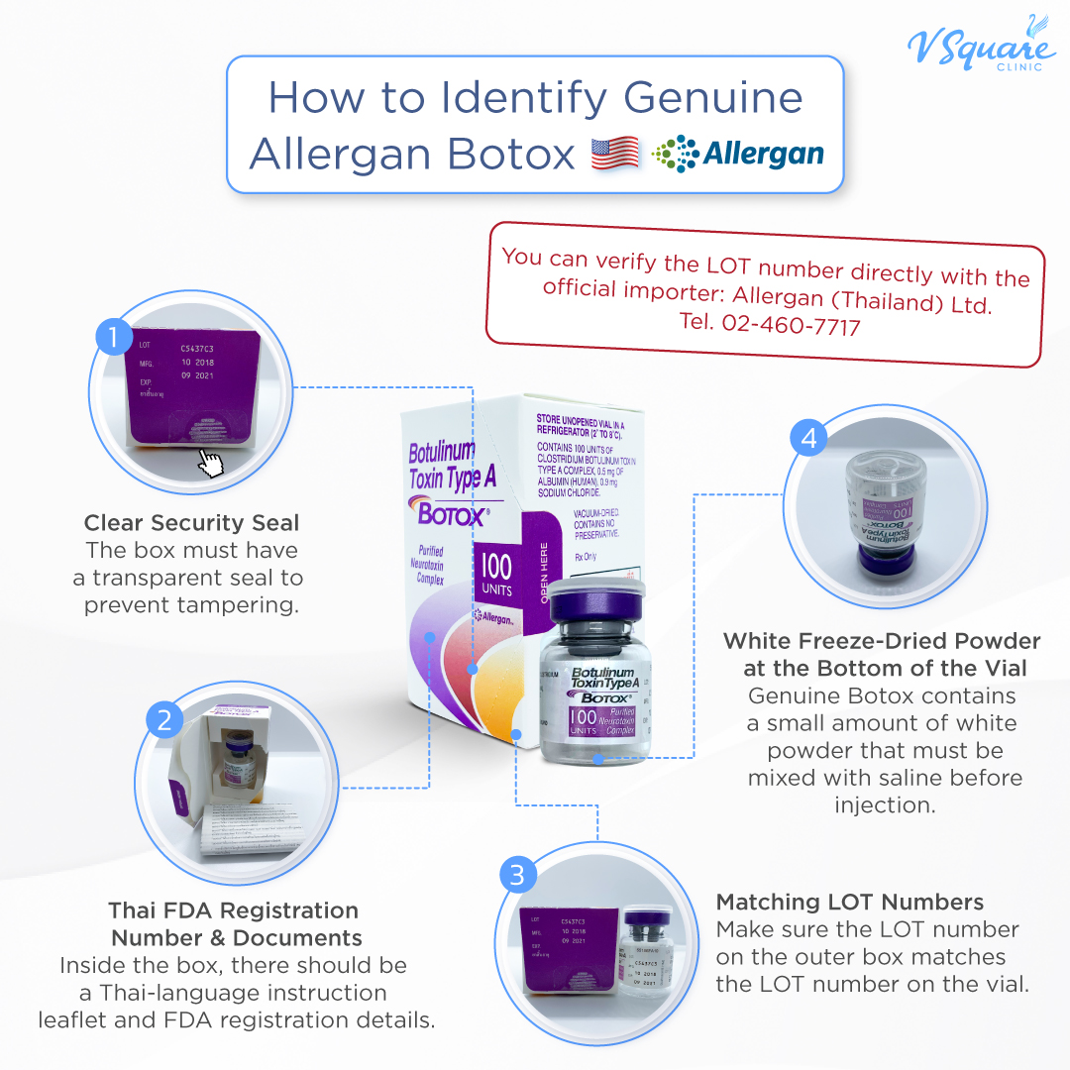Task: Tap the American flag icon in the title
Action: [614, 155]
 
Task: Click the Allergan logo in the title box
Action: [738, 155]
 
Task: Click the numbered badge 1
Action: [114, 338]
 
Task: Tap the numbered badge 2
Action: [164, 719]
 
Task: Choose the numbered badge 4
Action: [809, 438]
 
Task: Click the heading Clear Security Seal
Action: [191, 522]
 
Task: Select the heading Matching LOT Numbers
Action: [849, 902]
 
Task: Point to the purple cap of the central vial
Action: [597, 602]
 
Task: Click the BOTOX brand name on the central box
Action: [452, 515]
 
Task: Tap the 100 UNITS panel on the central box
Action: [496, 575]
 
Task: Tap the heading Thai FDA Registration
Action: [234, 909]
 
